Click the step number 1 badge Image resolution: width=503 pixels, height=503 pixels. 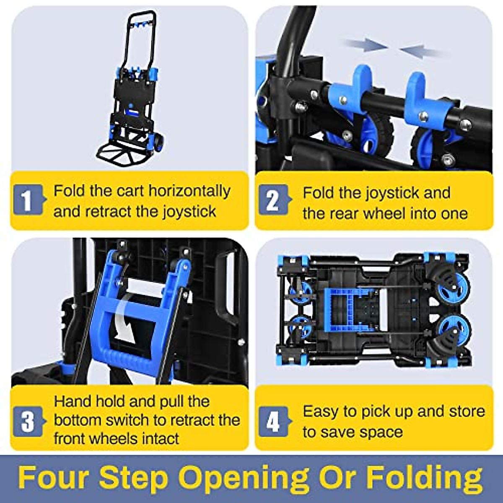pyautogui.click(x=28, y=200)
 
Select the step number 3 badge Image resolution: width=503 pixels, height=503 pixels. pyautogui.click(x=28, y=421)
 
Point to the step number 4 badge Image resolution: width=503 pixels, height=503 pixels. pyautogui.click(x=273, y=421)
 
